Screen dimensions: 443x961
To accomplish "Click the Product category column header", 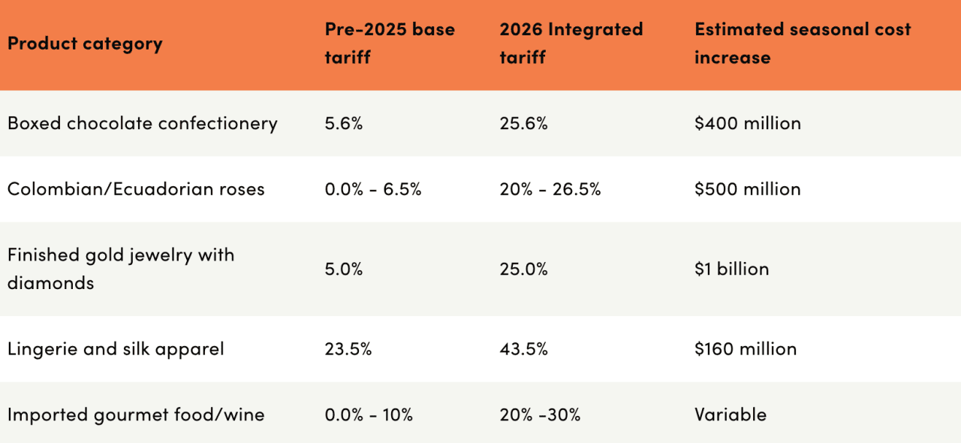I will click(x=85, y=44).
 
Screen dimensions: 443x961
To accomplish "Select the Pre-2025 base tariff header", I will click(x=390, y=44).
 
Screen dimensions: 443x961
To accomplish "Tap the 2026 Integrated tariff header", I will click(x=571, y=44).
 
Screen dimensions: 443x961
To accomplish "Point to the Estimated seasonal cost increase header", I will click(x=802, y=44).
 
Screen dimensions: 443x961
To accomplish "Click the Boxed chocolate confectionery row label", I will click(x=143, y=123).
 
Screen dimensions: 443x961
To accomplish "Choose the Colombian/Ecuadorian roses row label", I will click(x=136, y=189).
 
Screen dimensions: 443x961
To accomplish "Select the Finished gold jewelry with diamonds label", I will click(x=121, y=269).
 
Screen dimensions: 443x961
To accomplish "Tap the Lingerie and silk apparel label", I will click(x=116, y=349).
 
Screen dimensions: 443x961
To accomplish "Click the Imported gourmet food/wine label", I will click(x=136, y=414).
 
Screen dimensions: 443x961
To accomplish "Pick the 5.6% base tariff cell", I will click(x=343, y=123).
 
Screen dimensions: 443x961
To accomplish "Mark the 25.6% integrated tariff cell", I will click(x=523, y=123).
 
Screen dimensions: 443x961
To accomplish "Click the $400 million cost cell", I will click(x=747, y=123).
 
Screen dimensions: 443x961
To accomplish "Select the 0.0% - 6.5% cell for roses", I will click(x=372, y=189).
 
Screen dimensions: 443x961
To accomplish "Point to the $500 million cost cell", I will click(x=747, y=189).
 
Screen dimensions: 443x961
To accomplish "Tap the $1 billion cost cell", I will click(x=731, y=269).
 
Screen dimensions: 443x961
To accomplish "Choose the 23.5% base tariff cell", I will click(x=348, y=349).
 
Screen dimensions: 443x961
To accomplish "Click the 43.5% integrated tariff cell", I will click(x=523, y=349).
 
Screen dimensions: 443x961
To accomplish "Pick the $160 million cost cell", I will click(x=745, y=349).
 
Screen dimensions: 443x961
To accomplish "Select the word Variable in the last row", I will click(x=730, y=414).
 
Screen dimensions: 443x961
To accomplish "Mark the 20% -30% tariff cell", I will click(x=539, y=414).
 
